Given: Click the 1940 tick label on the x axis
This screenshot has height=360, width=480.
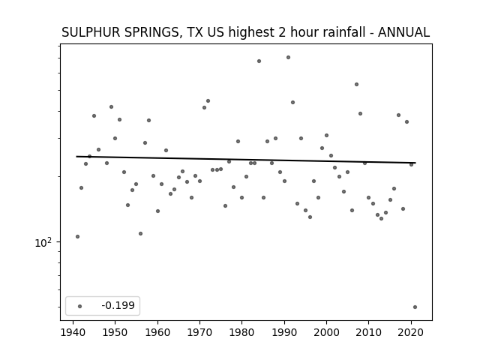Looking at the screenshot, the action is [73, 332].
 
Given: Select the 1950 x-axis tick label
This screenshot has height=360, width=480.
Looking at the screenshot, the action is [115, 332].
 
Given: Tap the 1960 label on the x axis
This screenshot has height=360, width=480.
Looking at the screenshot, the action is [157, 332].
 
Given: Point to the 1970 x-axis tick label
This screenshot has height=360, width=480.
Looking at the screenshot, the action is [200, 332].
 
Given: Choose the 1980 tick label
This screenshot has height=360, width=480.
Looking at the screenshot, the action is [241, 332].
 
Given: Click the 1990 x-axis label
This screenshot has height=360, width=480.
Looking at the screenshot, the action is [284, 332].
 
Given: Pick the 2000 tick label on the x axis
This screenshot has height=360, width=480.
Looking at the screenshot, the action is [326, 332].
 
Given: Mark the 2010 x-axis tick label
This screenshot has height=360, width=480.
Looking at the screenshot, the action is [368, 332].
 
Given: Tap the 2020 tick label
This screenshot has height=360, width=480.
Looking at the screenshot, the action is [411, 332].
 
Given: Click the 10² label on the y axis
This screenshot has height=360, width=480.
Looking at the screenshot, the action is [43, 242].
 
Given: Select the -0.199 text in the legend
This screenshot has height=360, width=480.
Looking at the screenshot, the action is [118, 305].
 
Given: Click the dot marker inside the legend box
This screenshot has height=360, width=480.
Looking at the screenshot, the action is [80, 306].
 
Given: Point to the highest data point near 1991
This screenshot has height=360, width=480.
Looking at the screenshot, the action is [288, 57].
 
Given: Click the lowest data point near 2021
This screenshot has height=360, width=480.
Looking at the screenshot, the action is [415, 307].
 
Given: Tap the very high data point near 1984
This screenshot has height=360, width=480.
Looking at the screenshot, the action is [259, 61].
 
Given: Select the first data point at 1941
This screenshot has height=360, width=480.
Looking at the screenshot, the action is [77, 237].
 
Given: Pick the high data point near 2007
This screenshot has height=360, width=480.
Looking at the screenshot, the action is [357, 85].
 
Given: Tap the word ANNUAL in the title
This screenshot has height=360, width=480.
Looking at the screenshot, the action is [403, 32].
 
